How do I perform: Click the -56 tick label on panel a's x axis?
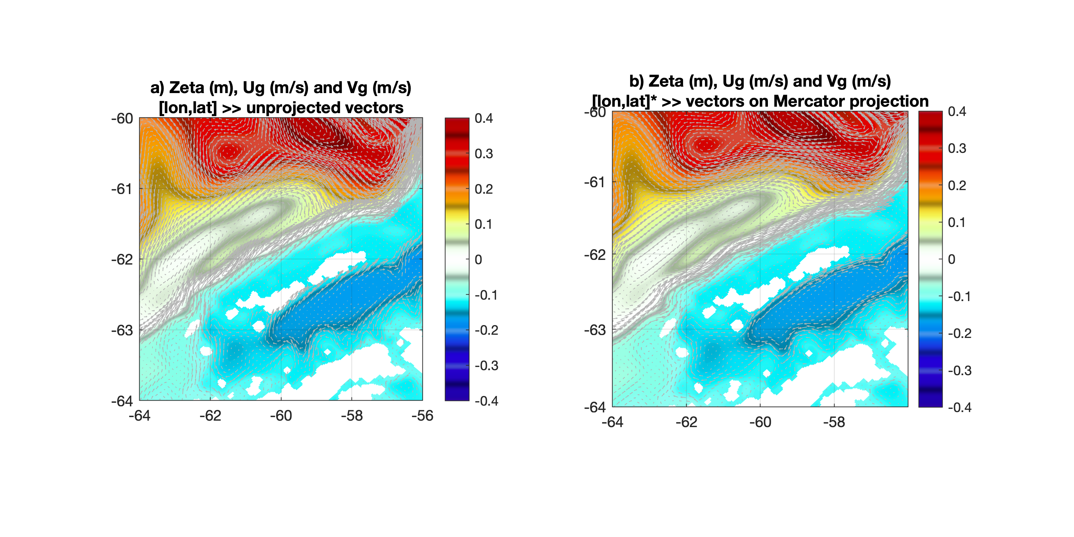click(x=422, y=416)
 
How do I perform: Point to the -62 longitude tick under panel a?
click(x=210, y=416)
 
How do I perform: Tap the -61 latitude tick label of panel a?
click(x=122, y=189)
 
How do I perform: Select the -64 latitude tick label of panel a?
click(x=122, y=401)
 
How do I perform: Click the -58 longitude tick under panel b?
click(x=834, y=422)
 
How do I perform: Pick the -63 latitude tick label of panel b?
click(x=595, y=330)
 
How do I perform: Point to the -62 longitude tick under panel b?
click(x=686, y=422)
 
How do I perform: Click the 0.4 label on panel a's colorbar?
click(x=484, y=118)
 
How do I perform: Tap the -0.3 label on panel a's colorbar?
click(x=487, y=366)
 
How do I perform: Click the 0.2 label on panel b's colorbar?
click(x=957, y=185)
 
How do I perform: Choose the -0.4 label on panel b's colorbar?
click(x=960, y=407)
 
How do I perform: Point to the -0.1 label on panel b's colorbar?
click(x=960, y=296)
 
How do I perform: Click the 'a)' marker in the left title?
click(x=157, y=88)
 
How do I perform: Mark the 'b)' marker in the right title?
click(x=637, y=81)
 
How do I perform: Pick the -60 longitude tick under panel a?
click(x=281, y=416)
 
